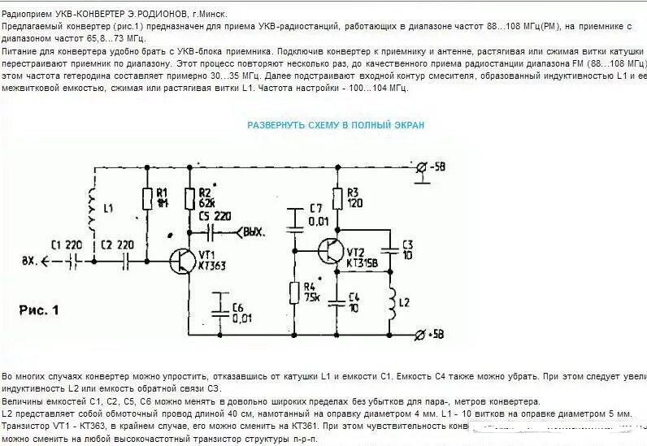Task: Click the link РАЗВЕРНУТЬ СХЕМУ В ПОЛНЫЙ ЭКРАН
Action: (x=336, y=125)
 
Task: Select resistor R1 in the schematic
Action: (x=148, y=198)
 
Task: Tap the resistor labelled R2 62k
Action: (x=190, y=198)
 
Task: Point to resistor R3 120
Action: (x=336, y=199)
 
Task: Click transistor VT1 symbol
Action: (x=185, y=260)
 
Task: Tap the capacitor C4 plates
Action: (x=336, y=301)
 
